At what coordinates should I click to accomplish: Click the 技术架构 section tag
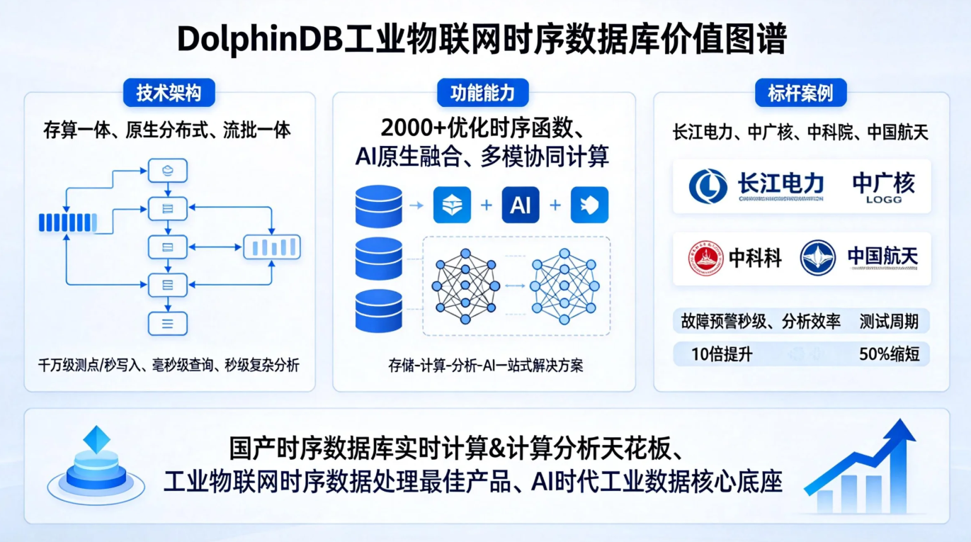point(169,93)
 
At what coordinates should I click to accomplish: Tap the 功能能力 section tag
point(483,93)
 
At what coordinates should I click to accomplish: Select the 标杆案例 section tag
point(800,93)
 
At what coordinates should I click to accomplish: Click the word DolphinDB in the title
point(259,40)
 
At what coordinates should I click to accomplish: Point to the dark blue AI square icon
point(521,205)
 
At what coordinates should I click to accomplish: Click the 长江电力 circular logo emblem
point(708,186)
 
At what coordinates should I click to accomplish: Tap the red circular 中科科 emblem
point(706,258)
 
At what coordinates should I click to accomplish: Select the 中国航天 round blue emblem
point(818,258)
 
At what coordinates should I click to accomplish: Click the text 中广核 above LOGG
point(883,183)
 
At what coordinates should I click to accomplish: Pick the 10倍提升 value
point(722,354)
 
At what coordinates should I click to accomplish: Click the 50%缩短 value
point(889,354)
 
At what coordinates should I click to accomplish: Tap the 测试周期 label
point(889,322)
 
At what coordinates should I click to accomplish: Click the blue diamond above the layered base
point(96,439)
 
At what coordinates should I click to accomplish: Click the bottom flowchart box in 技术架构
point(168,324)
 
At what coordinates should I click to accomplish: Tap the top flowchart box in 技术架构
point(168,170)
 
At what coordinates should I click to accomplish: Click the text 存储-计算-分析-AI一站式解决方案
point(485,366)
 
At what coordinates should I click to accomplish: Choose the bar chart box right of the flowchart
point(272,247)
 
